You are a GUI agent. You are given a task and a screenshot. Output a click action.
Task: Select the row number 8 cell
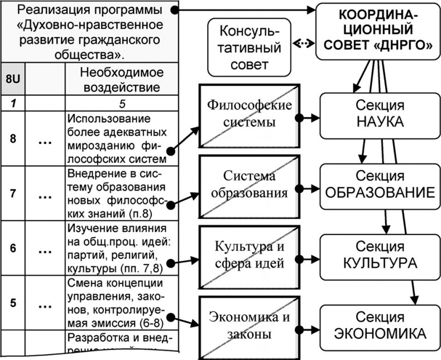[12, 138]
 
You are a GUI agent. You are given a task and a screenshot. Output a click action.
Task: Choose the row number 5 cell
[12, 305]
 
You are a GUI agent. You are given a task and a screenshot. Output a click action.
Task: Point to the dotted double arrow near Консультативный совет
[302, 44]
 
